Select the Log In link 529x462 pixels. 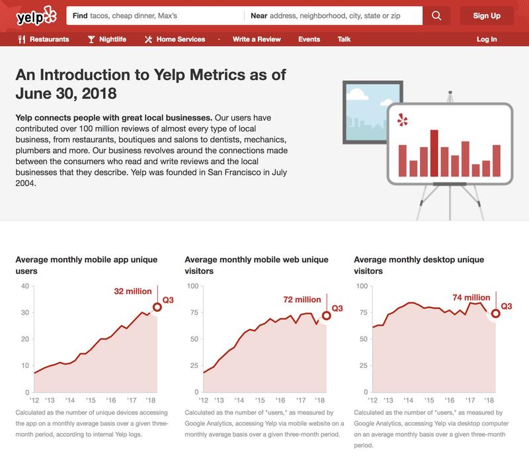pyautogui.click(x=487, y=40)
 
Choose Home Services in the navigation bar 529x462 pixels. pyautogui.click(x=175, y=40)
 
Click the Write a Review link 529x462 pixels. pyautogui.click(x=255, y=40)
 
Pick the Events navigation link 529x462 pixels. pyautogui.click(x=309, y=40)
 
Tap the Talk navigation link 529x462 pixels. pyautogui.click(x=344, y=40)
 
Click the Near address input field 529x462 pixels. pyautogui.click(x=334, y=16)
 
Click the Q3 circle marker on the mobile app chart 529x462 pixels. pyautogui.click(x=157, y=306)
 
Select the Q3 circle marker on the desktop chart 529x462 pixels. pyautogui.click(x=495, y=313)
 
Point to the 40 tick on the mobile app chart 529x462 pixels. pyautogui.click(x=24, y=286)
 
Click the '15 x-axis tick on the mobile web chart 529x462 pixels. pyautogui.click(x=261, y=400)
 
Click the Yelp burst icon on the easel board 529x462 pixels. pyautogui.click(x=401, y=120)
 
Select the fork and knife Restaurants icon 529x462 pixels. pyautogui.click(x=22, y=40)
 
